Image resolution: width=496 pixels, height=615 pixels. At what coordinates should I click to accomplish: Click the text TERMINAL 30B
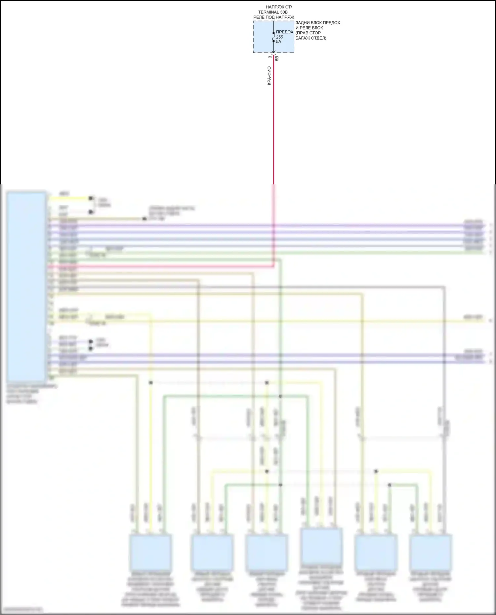point(273,12)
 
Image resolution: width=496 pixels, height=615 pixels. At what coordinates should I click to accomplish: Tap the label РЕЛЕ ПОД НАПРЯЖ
point(274,17)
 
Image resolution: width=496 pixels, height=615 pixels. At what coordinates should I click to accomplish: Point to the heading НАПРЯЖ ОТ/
point(279,7)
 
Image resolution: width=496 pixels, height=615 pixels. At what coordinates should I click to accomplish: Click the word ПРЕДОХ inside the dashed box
point(284,32)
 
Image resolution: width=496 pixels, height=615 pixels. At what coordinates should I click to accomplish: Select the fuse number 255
point(279,37)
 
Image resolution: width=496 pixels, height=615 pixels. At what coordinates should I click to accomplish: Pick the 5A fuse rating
point(278,42)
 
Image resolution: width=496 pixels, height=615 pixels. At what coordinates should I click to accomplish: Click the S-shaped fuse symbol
point(273,37)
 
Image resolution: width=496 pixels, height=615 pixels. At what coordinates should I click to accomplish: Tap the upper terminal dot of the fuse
point(273,33)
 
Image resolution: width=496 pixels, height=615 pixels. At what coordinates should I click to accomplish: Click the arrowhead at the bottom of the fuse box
point(273,52)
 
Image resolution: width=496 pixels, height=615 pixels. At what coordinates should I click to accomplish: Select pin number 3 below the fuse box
point(270,57)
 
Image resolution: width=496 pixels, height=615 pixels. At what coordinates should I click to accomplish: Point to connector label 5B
point(277,58)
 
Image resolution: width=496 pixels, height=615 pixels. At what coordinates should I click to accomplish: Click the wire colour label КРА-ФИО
point(269,76)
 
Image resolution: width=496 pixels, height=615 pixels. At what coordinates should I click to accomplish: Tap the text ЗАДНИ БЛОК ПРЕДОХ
point(317,23)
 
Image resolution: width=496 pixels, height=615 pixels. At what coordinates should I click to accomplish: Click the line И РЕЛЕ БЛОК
point(309,28)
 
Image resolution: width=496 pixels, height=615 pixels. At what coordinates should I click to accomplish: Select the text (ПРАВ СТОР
point(308,33)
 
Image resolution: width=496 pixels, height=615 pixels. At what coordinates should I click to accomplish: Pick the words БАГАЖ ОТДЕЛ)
point(311,38)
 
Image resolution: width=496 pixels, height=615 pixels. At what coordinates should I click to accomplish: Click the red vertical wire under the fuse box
point(273,126)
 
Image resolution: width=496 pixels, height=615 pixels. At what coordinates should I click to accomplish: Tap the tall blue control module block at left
point(26,286)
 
